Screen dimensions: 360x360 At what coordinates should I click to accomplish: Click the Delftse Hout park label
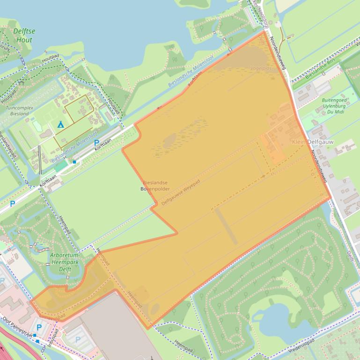click(x=24, y=36)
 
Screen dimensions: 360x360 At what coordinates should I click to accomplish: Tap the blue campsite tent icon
click(x=60, y=124)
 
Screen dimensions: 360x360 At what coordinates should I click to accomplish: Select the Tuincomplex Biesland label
click(x=17, y=110)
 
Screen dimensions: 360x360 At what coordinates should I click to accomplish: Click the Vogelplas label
click(x=261, y=68)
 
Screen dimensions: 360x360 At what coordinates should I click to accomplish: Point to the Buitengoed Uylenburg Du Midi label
click(x=334, y=106)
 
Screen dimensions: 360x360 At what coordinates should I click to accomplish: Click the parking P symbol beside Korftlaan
click(x=96, y=143)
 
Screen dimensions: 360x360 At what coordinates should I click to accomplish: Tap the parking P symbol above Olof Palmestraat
click(x=39, y=327)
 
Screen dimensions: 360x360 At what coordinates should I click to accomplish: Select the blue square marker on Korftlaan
click(x=74, y=162)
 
